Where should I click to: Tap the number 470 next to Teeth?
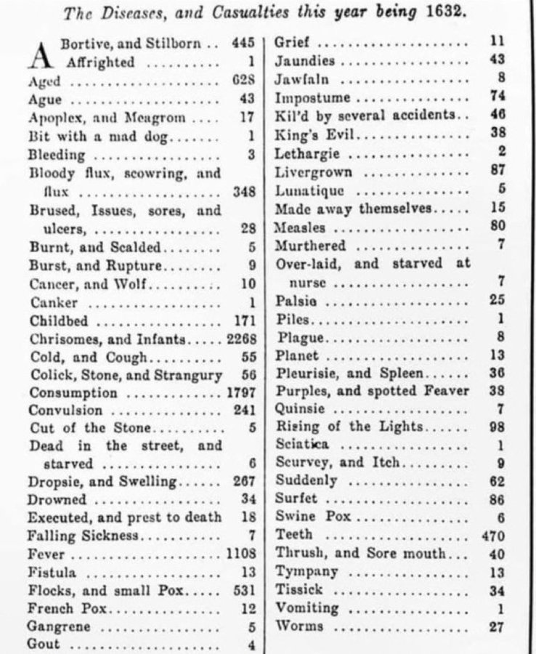[x=492, y=536]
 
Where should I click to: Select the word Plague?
[x=300, y=338]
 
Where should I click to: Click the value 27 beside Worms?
[x=497, y=626]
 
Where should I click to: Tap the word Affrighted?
[x=100, y=62]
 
